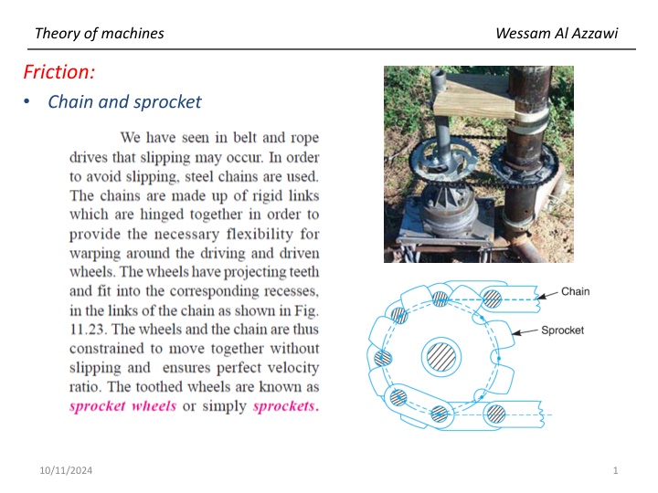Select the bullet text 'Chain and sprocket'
click(x=124, y=101)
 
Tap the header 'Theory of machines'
click(x=99, y=34)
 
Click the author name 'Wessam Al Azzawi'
click(x=557, y=34)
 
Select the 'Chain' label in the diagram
click(x=575, y=292)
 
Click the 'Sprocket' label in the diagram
click(x=562, y=330)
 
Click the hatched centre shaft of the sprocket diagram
click(x=440, y=355)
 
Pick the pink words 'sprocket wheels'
click(x=122, y=405)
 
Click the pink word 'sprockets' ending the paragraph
click(x=286, y=405)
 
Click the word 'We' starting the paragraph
click(x=133, y=138)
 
